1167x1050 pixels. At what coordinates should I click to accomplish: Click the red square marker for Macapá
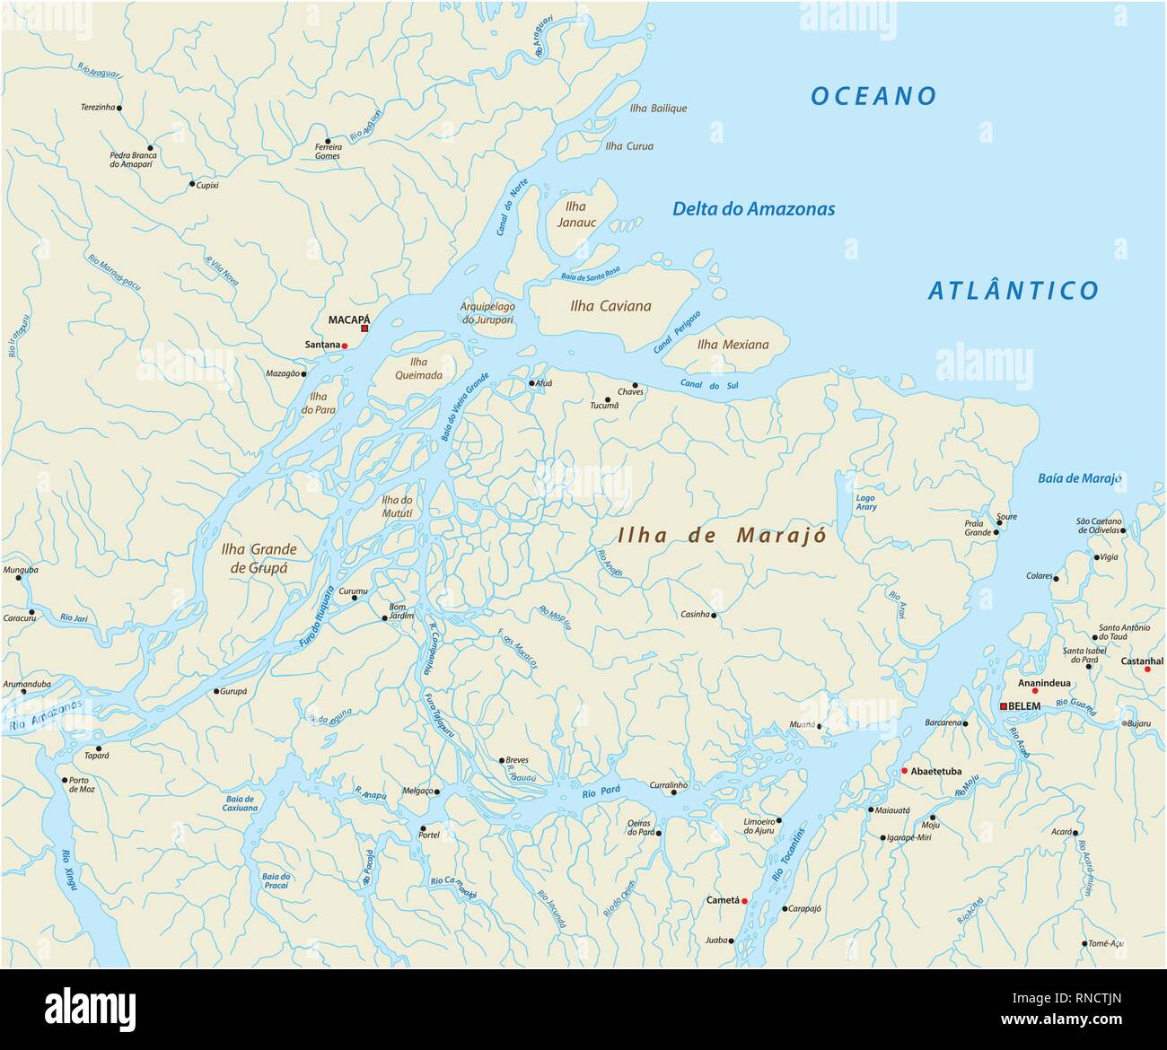click(364, 328)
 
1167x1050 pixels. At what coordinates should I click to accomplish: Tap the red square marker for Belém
click(1004, 706)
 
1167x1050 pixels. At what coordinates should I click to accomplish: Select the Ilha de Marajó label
click(722, 536)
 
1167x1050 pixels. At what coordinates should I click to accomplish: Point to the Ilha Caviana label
click(610, 306)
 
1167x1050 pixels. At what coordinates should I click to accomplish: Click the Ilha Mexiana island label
click(733, 345)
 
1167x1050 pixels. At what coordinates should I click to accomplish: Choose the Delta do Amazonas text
click(753, 209)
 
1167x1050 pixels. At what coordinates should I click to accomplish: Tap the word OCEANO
click(873, 96)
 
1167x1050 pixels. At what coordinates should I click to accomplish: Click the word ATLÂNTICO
click(1013, 291)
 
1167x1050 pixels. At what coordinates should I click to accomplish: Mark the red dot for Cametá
click(744, 900)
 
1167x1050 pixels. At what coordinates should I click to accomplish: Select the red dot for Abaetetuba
click(904, 771)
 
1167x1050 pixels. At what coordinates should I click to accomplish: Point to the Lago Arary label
click(866, 503)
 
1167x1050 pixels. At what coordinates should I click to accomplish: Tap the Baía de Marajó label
click(1079, 478)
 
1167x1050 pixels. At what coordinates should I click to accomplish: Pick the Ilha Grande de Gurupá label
click(259, 558)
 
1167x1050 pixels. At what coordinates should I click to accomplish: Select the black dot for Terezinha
click(119, 108)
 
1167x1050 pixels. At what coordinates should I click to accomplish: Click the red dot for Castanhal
click(1147, 669)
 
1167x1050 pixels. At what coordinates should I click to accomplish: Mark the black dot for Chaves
click(635, 386)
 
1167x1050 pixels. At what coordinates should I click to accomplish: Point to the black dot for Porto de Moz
click(64, 780)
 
